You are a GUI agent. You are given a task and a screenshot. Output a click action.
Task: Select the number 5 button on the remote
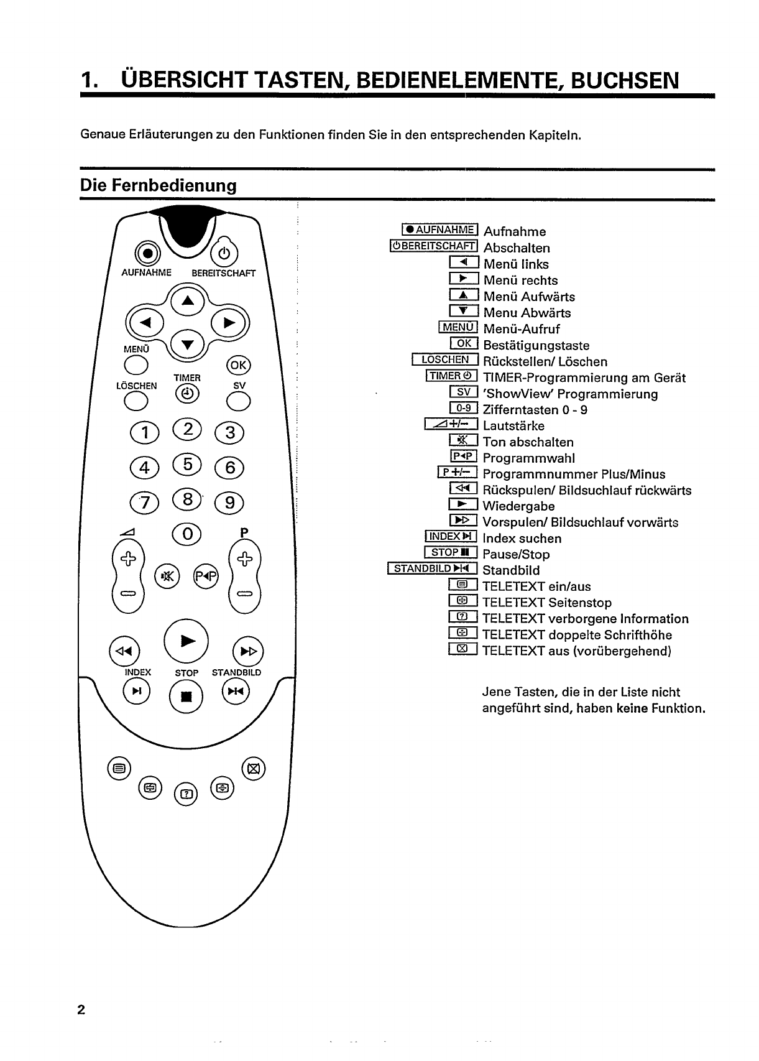click(188, 464)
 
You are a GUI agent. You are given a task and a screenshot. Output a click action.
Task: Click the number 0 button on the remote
click(188, 534)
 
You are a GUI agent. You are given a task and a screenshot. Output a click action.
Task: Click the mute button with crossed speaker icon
click(168, 576)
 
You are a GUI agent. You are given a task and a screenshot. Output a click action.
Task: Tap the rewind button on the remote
click(124, 651)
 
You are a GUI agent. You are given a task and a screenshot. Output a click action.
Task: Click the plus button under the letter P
click(245, 558)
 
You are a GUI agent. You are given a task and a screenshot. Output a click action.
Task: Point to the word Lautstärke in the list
click(513, 426)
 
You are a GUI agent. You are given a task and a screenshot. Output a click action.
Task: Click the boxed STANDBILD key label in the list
click(432, 568)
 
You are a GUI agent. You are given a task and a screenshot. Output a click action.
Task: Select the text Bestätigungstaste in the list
click(536, 345)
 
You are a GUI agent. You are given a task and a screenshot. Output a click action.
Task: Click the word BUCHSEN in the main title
click(625, 80)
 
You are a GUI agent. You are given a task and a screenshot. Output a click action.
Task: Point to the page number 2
click(81, 1009)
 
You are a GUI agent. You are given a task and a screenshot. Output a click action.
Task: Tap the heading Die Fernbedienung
click(159, 185)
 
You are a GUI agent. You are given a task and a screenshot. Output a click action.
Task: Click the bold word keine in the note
click(632, 708)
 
